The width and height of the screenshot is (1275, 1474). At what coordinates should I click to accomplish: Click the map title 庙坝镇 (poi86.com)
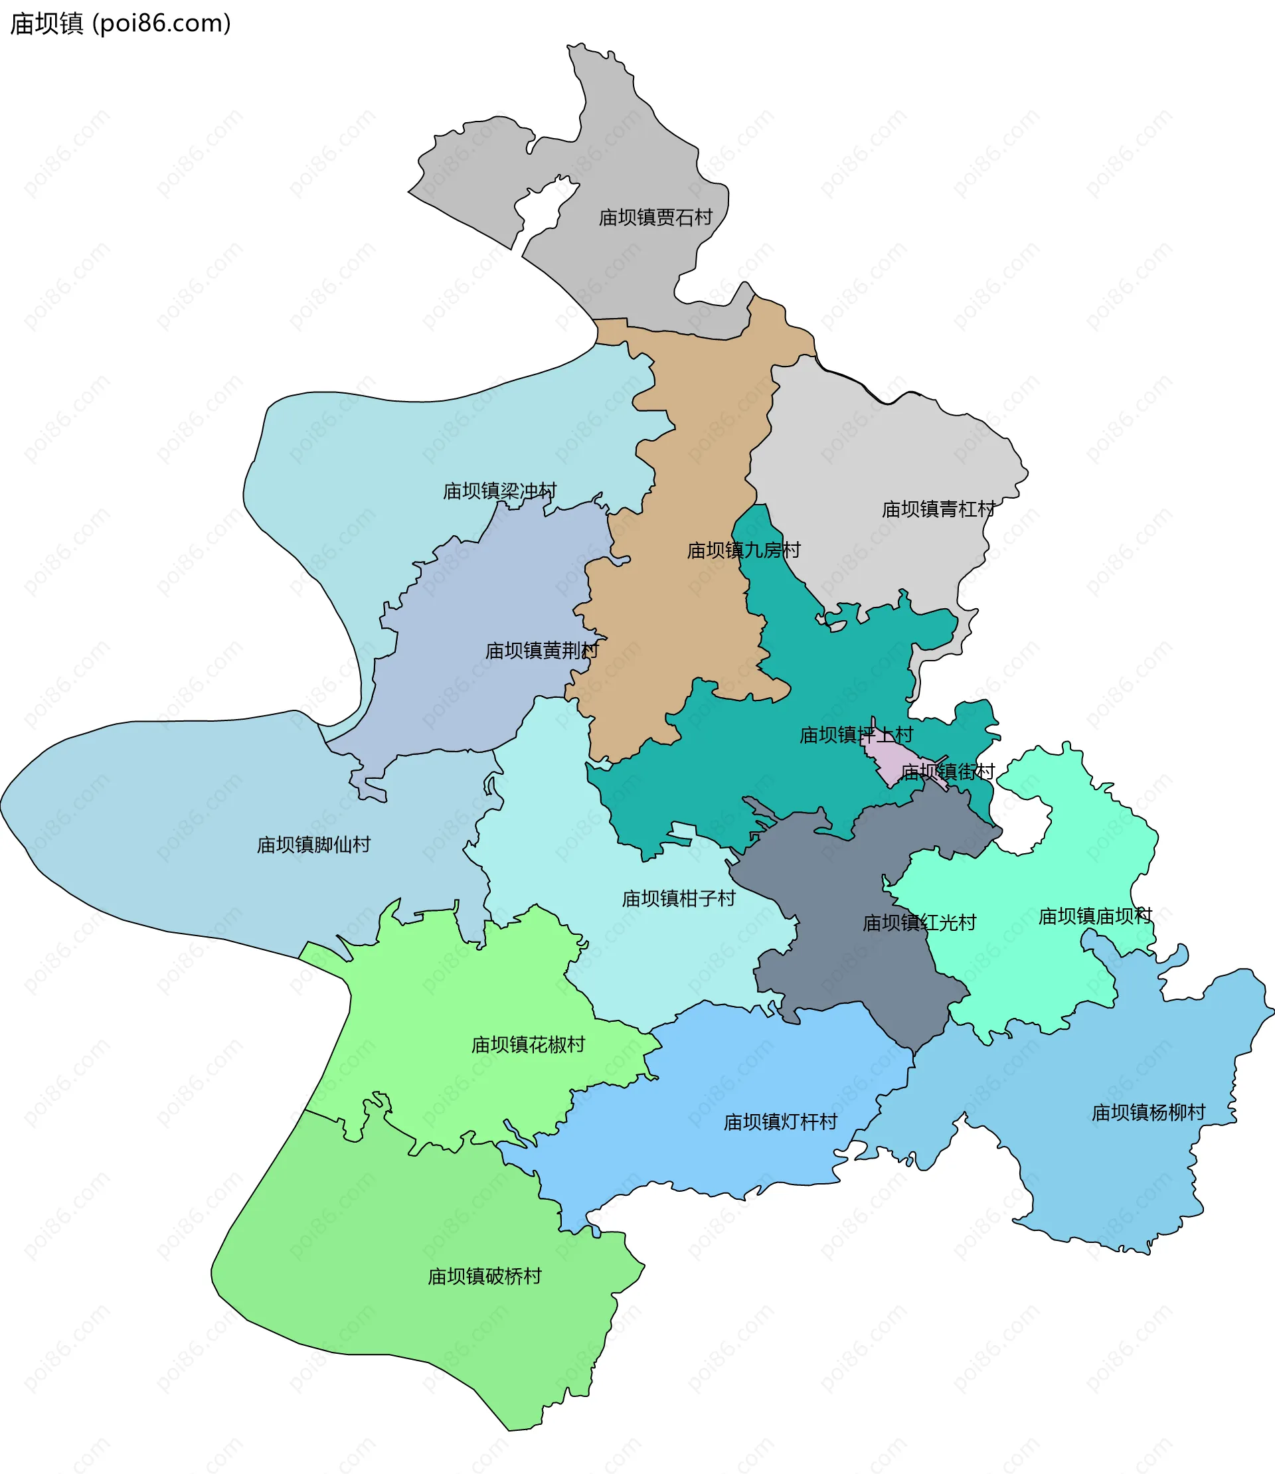click(120, 23)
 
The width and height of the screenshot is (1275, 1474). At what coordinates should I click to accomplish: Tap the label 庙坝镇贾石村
click(655, 217)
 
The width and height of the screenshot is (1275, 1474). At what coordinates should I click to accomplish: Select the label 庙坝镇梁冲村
click(499, 491)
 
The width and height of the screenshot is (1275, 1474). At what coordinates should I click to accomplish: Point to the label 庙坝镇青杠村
click(938, 509)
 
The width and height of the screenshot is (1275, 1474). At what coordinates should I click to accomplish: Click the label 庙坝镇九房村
click(744, 550)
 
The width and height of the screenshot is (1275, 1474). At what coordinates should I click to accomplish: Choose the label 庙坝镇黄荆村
click(542, 650)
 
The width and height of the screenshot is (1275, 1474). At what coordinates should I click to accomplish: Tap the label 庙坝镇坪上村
click(856, 734)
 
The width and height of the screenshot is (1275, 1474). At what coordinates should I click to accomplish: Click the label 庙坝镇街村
click(947, 771)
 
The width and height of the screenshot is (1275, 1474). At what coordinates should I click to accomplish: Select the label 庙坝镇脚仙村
click(313, 845)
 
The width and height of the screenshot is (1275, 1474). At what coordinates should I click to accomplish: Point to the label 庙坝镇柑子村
click(679, 898)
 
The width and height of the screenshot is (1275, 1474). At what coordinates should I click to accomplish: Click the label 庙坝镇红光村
click(919, 923)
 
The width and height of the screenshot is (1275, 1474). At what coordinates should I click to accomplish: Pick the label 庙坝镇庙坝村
click(1095, 916)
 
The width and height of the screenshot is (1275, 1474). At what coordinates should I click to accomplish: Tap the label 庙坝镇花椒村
click(528, 1044)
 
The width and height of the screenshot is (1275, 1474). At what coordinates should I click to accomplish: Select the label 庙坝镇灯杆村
click(780, 1122)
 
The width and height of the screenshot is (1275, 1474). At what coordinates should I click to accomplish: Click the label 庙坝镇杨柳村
click(1148, 1112)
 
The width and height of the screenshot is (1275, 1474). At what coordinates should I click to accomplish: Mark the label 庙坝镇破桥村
click(485, 1276)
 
